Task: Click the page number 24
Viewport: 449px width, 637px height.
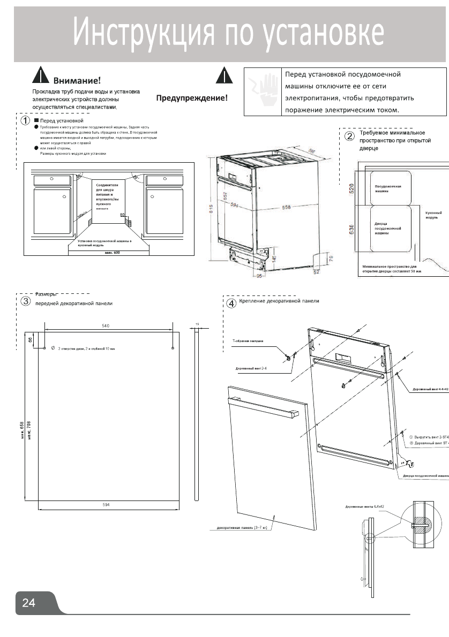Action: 28,603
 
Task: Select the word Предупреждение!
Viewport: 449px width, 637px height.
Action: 191,98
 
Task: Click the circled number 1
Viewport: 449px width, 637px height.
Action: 25,121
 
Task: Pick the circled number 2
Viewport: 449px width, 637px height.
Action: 349,136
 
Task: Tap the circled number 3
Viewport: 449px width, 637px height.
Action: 25,301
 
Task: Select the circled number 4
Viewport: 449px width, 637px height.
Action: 231,303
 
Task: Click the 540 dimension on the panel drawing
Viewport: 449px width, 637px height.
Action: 106,325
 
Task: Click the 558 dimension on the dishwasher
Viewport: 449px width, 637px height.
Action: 287,207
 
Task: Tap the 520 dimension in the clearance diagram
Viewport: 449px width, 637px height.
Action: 352,188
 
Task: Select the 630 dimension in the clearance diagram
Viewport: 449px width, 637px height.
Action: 352,231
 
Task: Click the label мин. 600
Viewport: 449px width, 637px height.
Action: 112,252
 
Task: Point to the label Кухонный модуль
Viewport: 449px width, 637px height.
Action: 432,215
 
